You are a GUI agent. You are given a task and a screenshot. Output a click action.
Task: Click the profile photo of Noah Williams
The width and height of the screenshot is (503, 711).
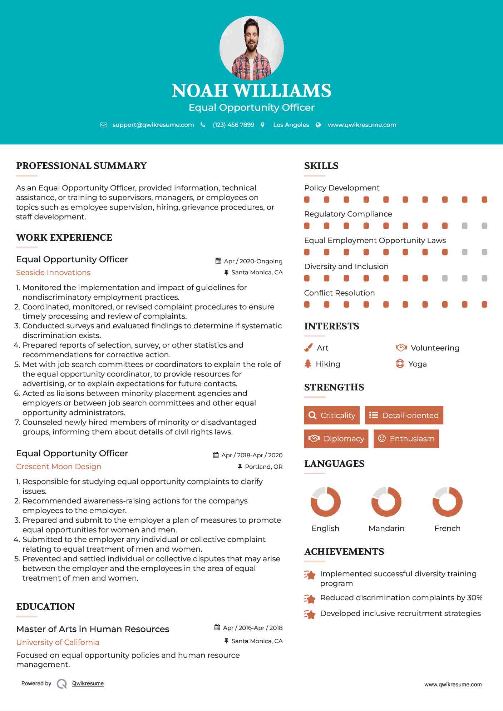(251, 48)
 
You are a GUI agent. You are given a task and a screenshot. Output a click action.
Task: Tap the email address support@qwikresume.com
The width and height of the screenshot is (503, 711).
(153, 125)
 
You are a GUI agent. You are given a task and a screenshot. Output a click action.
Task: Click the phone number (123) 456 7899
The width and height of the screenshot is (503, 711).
(233, 125)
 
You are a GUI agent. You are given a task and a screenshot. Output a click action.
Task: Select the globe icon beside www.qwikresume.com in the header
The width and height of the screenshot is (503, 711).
(318, 125)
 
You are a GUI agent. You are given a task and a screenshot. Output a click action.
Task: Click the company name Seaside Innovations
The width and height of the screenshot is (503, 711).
(53, 273)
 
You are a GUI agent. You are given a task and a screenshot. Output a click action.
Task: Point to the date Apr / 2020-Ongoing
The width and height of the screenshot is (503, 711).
(253, 261)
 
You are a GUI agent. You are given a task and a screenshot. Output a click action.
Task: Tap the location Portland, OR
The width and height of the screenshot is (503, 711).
(263, 467)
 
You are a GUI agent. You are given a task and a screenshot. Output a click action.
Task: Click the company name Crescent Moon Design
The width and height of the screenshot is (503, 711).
(59, 467)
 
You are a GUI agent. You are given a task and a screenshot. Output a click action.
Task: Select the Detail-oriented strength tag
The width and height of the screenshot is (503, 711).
(404, 415)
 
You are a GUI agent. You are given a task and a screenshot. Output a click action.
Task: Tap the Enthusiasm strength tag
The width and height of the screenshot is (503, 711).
(406, 439)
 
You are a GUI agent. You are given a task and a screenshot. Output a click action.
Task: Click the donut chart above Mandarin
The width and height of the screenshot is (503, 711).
(386, 502)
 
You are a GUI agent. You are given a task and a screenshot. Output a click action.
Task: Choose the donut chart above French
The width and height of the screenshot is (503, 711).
(447, 502)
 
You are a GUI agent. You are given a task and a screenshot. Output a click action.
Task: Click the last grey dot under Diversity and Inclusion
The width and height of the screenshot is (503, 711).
(484, 278)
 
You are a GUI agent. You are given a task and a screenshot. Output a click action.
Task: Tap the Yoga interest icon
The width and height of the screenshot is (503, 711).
(400, 364)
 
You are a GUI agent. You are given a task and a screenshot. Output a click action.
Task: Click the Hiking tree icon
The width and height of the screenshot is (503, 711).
(308, 364)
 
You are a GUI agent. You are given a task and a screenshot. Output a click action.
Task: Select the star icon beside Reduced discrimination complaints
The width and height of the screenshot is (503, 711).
(310, 599)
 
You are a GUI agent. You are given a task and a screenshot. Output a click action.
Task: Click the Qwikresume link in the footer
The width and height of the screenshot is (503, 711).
(88, 683)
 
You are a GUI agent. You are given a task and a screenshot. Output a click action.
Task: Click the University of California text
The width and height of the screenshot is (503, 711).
(58, 642)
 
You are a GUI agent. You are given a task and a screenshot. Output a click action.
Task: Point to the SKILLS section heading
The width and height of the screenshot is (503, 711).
(321, 166)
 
